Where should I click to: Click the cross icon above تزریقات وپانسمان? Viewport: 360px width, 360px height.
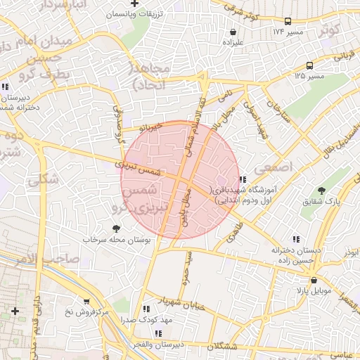click(134, 4)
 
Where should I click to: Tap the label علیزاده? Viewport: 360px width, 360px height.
click(232, 41)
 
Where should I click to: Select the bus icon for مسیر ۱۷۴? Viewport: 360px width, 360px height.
click(289, 22)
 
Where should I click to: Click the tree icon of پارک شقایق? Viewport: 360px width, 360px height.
click(322, 191)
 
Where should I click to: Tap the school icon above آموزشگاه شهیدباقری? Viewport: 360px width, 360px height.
click(243, 179)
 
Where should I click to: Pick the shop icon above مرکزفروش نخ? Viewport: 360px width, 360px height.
click(86, 301)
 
